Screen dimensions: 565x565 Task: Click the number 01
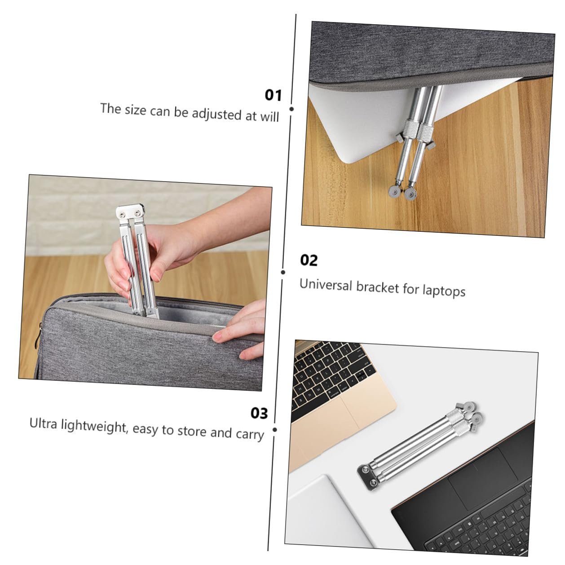pyautogui.click(x=273, y=95)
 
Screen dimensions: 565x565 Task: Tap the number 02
pyautogui.click(x=309, y=260)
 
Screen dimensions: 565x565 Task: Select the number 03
pyautogui.click(x=259, y=413)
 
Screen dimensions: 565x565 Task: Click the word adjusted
pyautogui.click(x=216, y=114)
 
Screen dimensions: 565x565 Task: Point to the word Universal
pyautogui.click(x=326, y=285)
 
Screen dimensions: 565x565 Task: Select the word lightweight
pyautogui.click(x=95, y=426)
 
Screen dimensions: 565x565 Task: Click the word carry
pyautogui.click(x=250, y=434)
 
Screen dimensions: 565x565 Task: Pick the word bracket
pyautogui.click(x=377, y=287)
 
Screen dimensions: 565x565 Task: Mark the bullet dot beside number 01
pyautogui.click(x=291, y=109)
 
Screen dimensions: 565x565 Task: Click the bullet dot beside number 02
pyautogui.click(x=283, y=272)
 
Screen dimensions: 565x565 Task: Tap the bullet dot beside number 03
pyautogui.click(x=275, y=430)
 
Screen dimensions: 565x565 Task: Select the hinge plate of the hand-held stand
pyautogui.click(x=131, y=212)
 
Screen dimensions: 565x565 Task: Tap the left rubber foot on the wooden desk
pyautogui.click(x=394, y=192)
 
